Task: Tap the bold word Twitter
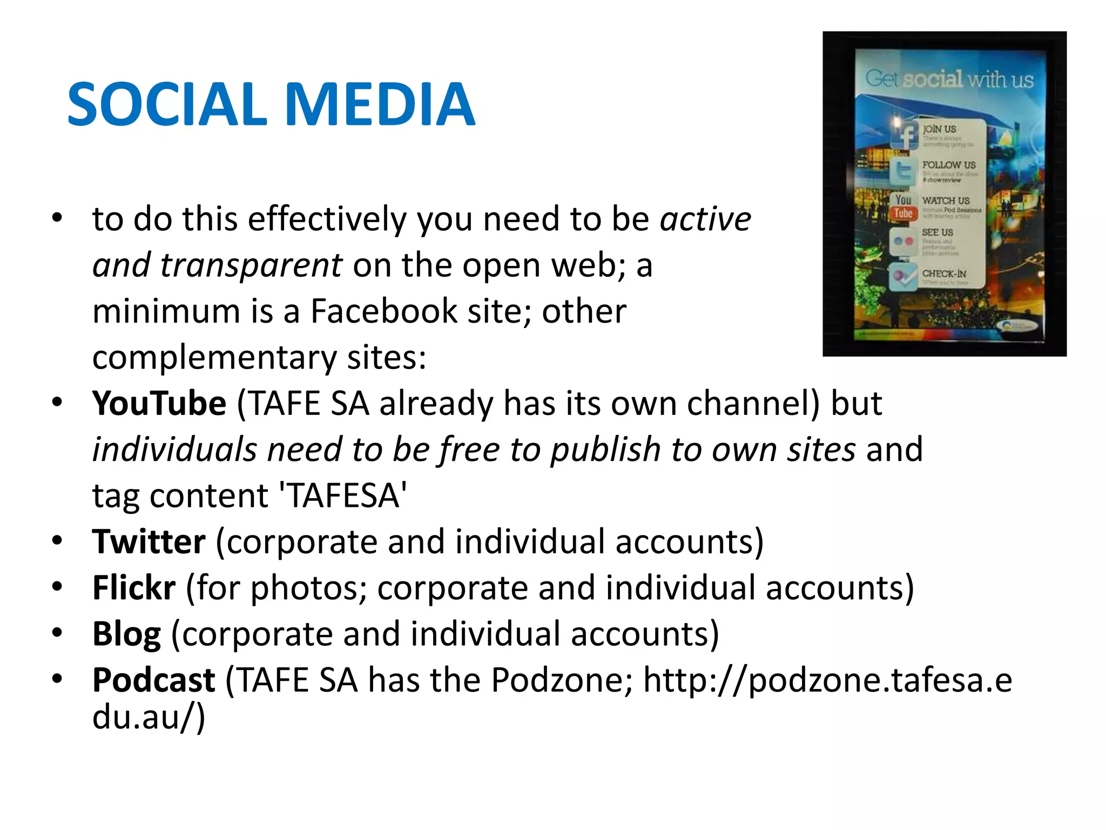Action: pos(149,541)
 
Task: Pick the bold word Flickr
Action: pos(133,587)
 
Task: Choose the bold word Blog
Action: pos(126,634)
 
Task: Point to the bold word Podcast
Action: pos(153,680)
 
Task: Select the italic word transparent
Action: pos(251,265)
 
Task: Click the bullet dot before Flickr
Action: pos(57,586)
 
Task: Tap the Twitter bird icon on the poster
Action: pos(903,172)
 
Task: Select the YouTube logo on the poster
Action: pos(903,207)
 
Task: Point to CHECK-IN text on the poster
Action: pos(944,273)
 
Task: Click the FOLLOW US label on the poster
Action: pos(949,165)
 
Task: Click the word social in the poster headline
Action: pos(933,79)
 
